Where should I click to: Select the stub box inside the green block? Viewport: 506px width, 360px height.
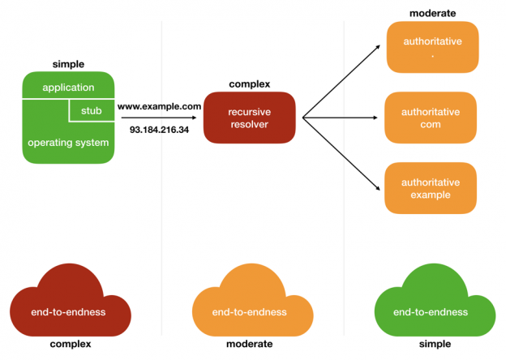92,110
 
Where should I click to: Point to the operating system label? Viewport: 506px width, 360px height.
67,143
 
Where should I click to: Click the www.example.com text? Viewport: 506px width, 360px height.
159,106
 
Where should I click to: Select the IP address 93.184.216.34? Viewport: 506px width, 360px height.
159,129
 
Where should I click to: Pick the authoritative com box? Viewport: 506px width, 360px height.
431,118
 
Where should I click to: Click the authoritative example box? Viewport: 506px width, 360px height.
431,189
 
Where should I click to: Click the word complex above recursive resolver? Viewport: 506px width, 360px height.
250,84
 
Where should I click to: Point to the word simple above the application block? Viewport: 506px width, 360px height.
68,64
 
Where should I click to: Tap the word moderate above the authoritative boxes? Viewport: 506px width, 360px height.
432,14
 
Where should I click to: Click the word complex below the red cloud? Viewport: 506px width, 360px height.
70,345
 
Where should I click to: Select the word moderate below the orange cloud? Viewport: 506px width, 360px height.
250,345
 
